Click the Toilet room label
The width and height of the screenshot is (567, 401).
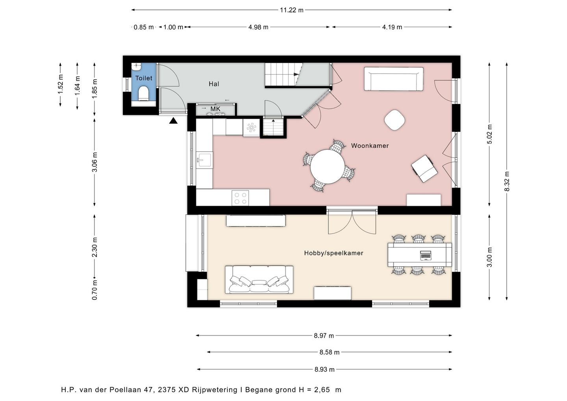(x=144, y=78)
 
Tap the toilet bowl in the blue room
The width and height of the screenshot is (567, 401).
(x=143, y=93)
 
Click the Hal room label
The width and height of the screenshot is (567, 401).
(x=214, y=84)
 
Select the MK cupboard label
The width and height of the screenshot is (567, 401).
(x=215, y=109)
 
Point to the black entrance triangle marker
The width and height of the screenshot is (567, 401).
(x=173, y=121)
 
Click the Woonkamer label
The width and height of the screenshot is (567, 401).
(x=370, y=146)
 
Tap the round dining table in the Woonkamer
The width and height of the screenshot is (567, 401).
(x=328, y=167)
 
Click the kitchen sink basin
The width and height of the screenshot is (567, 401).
(x=204, y=160)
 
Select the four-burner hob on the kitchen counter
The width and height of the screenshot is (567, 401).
(x=240, y=198)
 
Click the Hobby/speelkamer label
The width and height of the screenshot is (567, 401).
(x=334, y=253)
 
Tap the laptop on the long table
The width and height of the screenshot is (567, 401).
(x=426, y=255)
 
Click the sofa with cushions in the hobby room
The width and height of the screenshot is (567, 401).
(x=259, y=280)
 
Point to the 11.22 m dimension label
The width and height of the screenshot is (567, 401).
(x=292, y=10)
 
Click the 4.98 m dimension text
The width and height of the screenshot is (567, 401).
(x=258, y=27)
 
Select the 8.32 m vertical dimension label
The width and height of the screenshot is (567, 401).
(x=507, y=181)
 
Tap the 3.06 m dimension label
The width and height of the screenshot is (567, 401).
(x=94, y=162)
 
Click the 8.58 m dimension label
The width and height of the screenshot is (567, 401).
(x=329, y=352)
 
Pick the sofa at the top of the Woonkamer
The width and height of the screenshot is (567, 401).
(x=394, y=79)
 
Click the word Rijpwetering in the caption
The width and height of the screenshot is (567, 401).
(x=214, y=390)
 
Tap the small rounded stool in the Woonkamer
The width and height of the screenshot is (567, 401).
(x=395, y=120)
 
